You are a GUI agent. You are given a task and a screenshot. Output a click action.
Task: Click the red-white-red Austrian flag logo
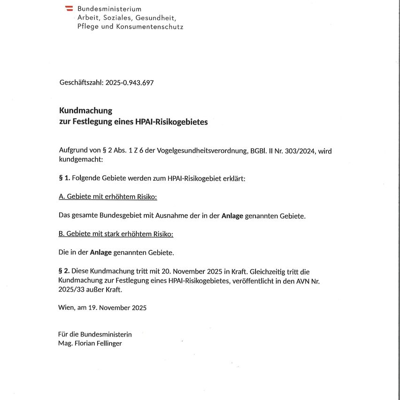69,8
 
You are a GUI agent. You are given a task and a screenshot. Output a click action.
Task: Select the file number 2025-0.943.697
130,83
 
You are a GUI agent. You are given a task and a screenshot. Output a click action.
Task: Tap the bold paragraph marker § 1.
64,178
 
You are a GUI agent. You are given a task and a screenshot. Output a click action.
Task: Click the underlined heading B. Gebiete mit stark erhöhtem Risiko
116,234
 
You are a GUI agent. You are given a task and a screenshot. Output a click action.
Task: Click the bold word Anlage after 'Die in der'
101,253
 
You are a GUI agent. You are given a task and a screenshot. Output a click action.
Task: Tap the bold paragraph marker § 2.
64,271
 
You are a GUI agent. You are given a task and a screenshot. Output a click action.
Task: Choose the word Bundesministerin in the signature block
106,334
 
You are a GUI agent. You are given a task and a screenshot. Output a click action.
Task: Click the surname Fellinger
108,343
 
